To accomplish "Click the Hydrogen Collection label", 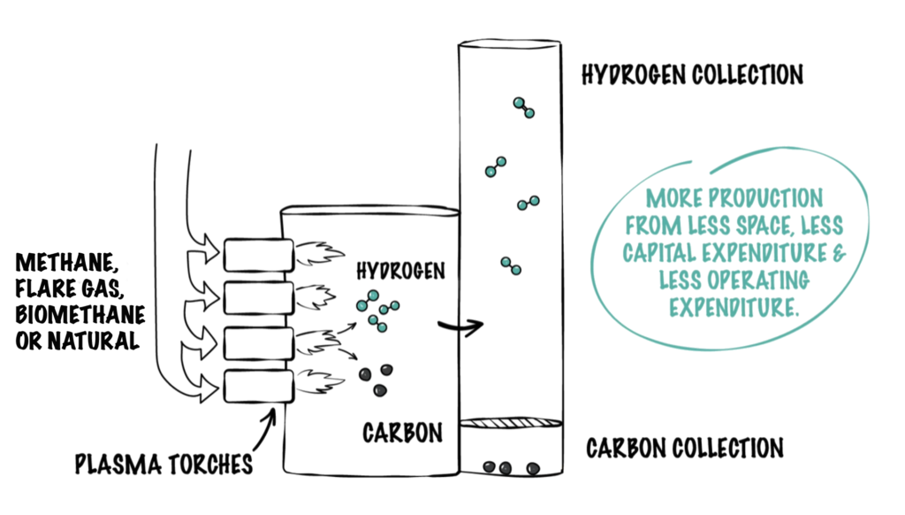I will point(692,74).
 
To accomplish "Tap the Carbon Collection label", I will point(685,448).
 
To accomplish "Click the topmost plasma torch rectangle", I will point(256,255).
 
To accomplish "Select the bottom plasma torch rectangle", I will point(256,386).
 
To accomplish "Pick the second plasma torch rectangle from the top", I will point(256,297).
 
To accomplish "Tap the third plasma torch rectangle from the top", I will point(256,342).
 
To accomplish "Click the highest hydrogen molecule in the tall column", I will point(522,107).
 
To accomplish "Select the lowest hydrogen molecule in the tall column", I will point(510,265).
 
